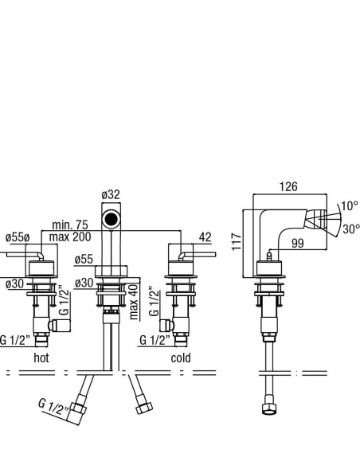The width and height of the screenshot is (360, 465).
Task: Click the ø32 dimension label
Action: (111, 195)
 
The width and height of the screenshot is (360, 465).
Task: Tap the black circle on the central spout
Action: (112, 220)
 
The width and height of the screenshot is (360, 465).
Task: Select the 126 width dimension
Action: (288, 187)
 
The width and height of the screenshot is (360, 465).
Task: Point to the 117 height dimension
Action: (237, 241)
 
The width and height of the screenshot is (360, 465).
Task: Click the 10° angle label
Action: (350, 205)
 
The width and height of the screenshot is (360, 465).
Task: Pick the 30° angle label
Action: (351, 229)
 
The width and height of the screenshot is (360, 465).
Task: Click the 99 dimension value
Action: (297, 243)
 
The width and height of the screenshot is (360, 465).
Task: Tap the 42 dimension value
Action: (205, 237)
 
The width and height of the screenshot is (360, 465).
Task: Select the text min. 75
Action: (70, 225)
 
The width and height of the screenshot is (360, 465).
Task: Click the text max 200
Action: (70, 237)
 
